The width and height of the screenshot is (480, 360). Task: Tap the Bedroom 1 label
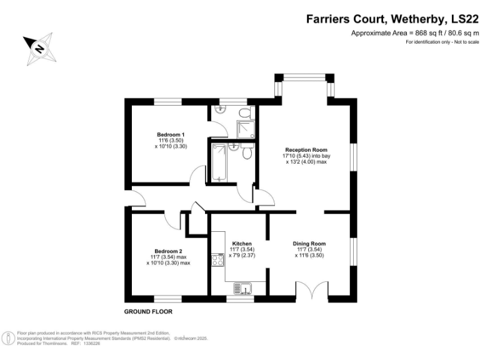pyautogui.click(x=171, y=134)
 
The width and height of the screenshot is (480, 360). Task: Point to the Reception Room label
pyautogui.click(x=306, y=150)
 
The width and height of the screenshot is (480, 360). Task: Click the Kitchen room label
pyautogui.click(x=242, y=244)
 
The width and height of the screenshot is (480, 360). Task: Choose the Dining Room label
pyautogui.click(x=309, y=244)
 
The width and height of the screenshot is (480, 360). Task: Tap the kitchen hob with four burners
pyautogui.click(x=218, y=260)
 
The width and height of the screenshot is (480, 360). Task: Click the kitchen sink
pyautogui.click(x=242, y=288)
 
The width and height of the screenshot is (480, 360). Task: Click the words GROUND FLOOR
pyautogui.click(x=148, y=311)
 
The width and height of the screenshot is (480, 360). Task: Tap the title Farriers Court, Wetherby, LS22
pyautogui.click(x=392, y=19)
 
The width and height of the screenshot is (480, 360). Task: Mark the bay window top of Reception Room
pyautogui.click(x=304, y=78)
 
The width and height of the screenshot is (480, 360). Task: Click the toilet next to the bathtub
pyautogui.click(x=247, y=152)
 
